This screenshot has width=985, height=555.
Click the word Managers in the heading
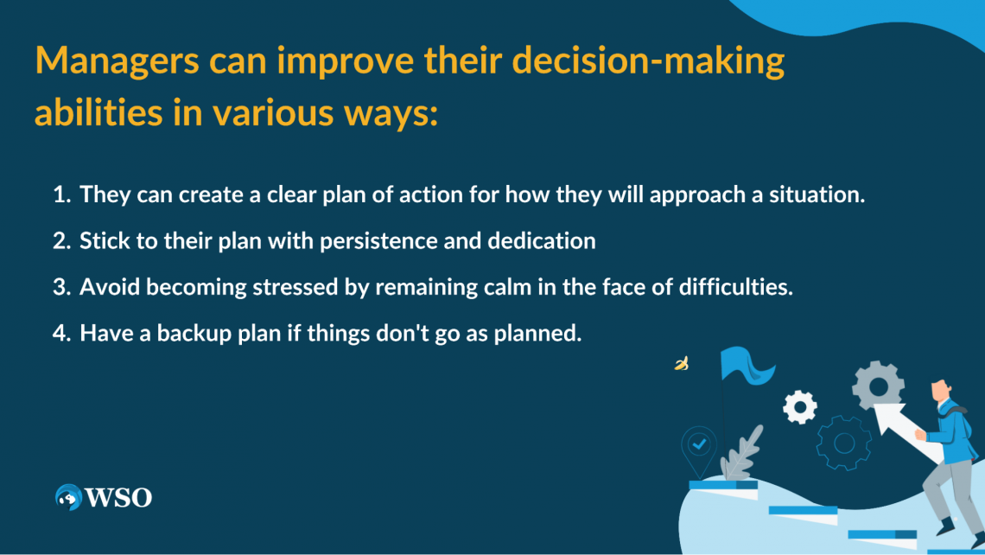(x=118, y=62)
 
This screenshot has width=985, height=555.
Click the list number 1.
(x=61, y=195)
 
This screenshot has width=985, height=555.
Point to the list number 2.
(x=61, y=240)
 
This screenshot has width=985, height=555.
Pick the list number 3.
(x=61, y=287)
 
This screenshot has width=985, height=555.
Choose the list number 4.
(x=61, y=333)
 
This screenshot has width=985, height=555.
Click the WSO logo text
(x=118, y=498)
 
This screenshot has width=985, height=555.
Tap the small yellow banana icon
(x=682, y=363)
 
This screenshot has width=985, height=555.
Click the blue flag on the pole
(x=746, y=365)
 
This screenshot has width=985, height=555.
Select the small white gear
(x=800, y=406)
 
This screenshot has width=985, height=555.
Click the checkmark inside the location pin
(x=699, y=444)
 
